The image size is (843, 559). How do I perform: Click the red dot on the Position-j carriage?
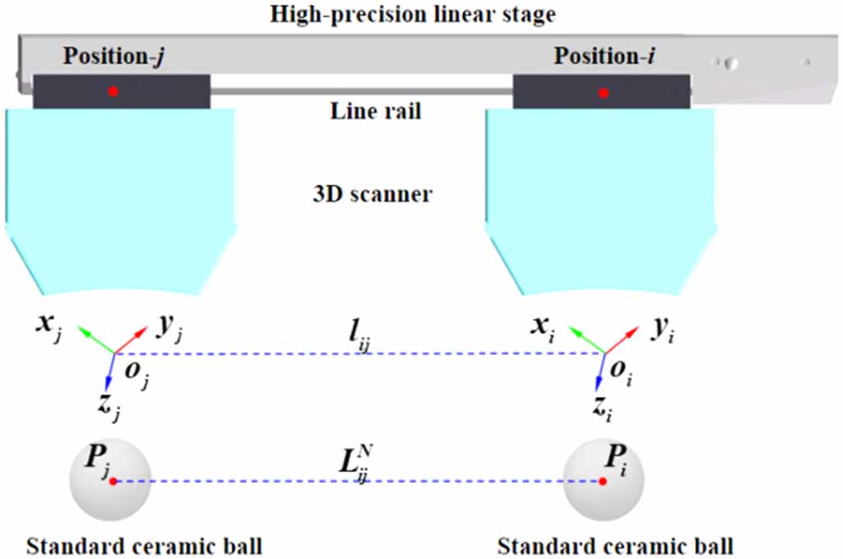pyautogui.click(x=113, y=91)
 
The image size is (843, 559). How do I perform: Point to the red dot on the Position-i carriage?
pyautogui.click(x=604, y=94)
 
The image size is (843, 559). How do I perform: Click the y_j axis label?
pyautogui.click(x=169, y=330)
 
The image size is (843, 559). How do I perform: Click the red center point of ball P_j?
pyautogui.click(x=113, y=481)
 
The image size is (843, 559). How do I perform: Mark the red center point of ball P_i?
pyautogui.click(x=604, y=481)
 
